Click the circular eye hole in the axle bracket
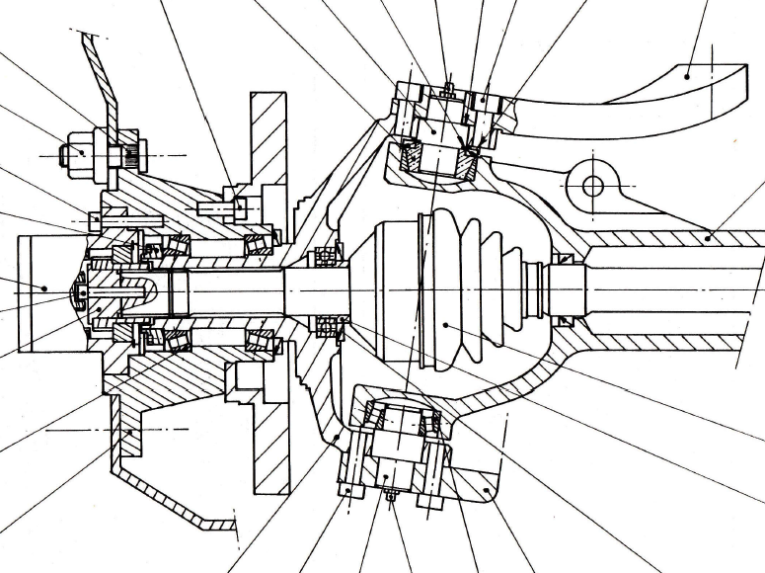pos(592,186)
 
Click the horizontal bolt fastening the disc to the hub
pos(223,208)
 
